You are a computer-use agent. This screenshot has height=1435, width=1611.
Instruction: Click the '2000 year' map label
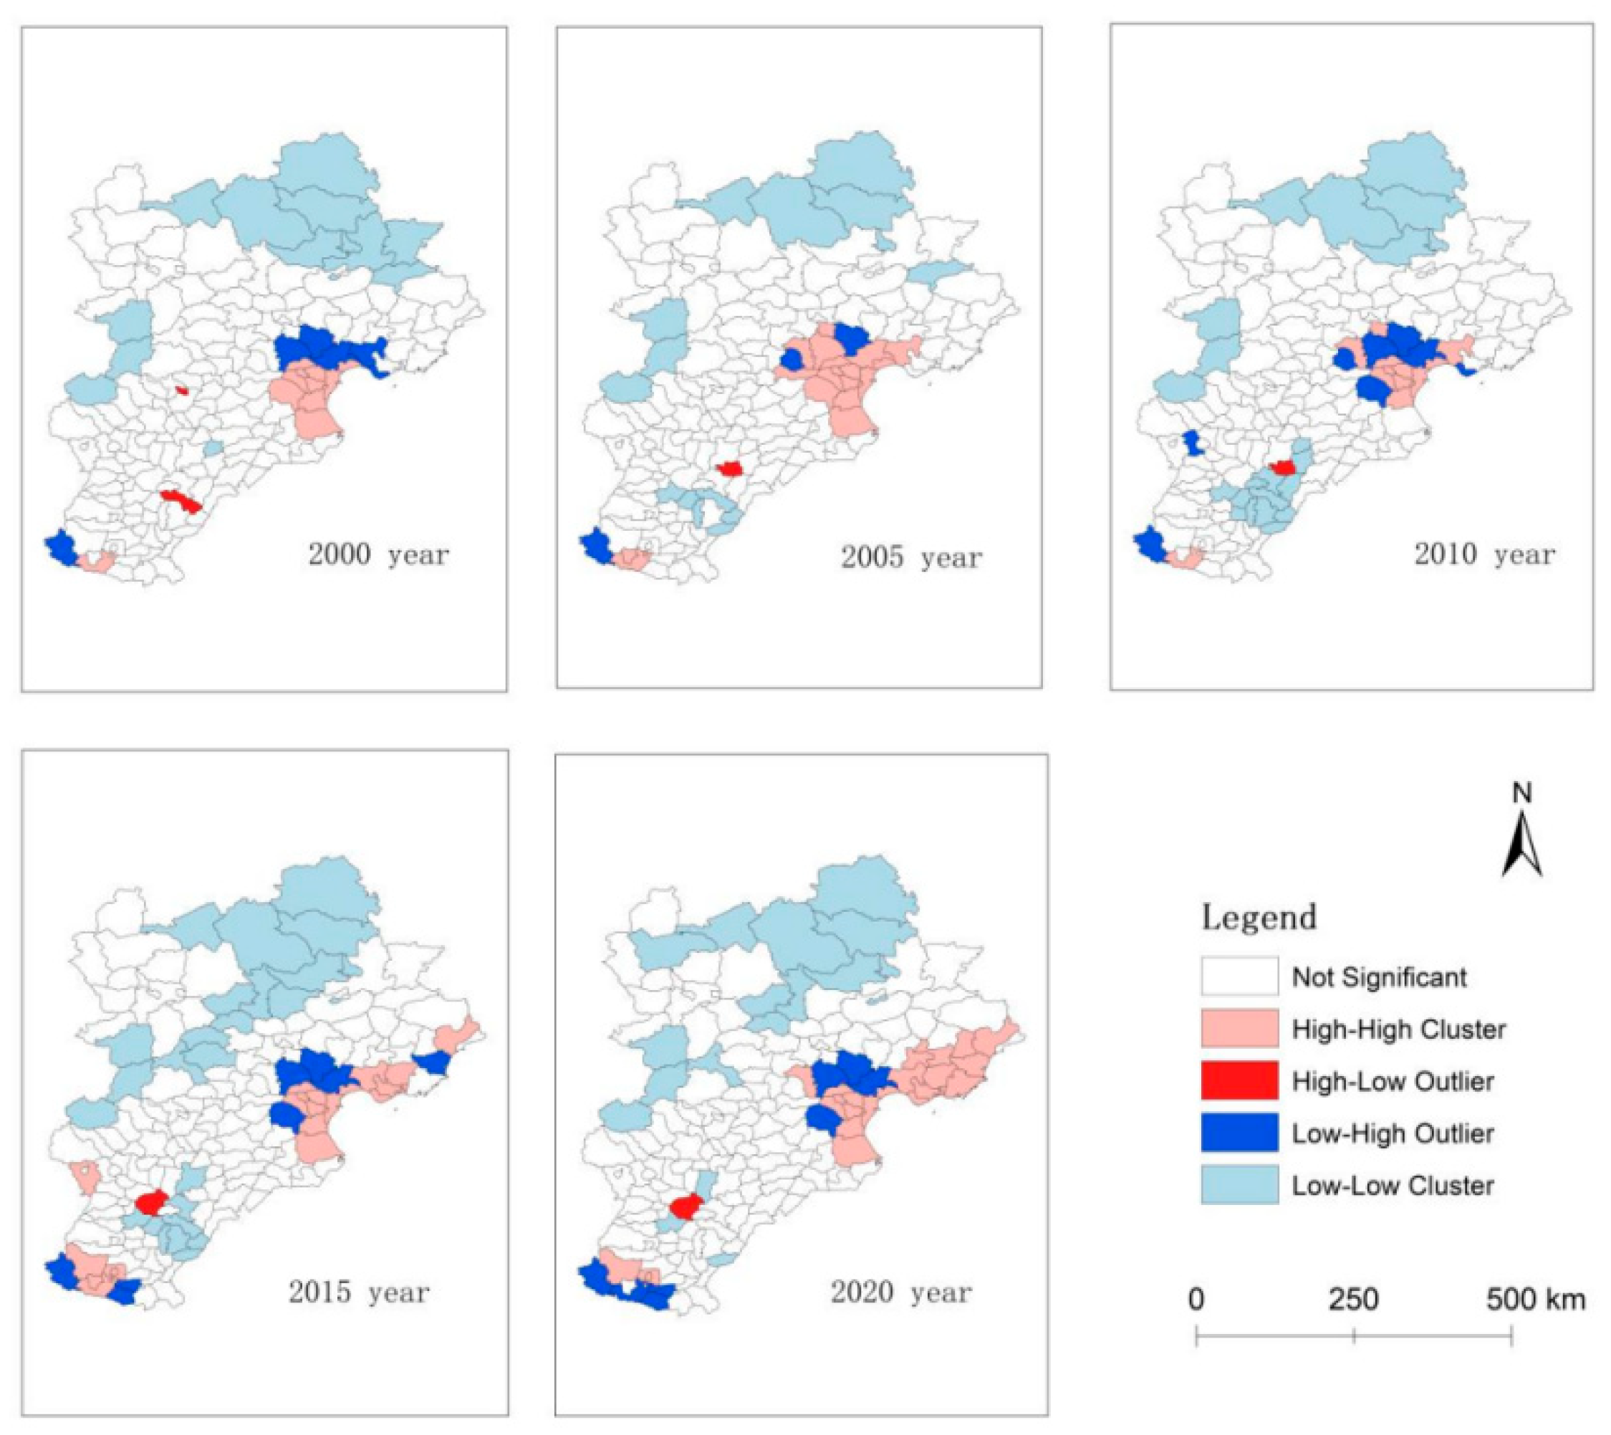378,555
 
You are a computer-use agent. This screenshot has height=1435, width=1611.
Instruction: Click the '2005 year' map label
911,558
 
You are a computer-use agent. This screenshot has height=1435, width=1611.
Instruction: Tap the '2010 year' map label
1484,555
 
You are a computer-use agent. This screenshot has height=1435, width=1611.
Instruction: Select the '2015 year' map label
359,1292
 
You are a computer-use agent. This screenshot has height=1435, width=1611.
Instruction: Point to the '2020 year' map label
901,1292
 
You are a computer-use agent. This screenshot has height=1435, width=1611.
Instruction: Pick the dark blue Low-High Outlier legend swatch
1239,1133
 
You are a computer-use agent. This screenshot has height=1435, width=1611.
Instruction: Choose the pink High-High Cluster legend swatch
1239,1029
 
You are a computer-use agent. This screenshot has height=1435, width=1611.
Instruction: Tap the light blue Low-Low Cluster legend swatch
1239,1185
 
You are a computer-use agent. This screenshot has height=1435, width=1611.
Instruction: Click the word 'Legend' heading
1259,918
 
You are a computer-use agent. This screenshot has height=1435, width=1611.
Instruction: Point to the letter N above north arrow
1522,794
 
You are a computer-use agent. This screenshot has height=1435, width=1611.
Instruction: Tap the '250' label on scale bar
1353,1299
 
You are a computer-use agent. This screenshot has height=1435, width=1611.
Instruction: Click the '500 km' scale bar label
1535,1299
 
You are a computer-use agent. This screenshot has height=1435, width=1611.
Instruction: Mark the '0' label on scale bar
1196,1299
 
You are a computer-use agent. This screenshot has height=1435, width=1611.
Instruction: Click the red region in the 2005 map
731,469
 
